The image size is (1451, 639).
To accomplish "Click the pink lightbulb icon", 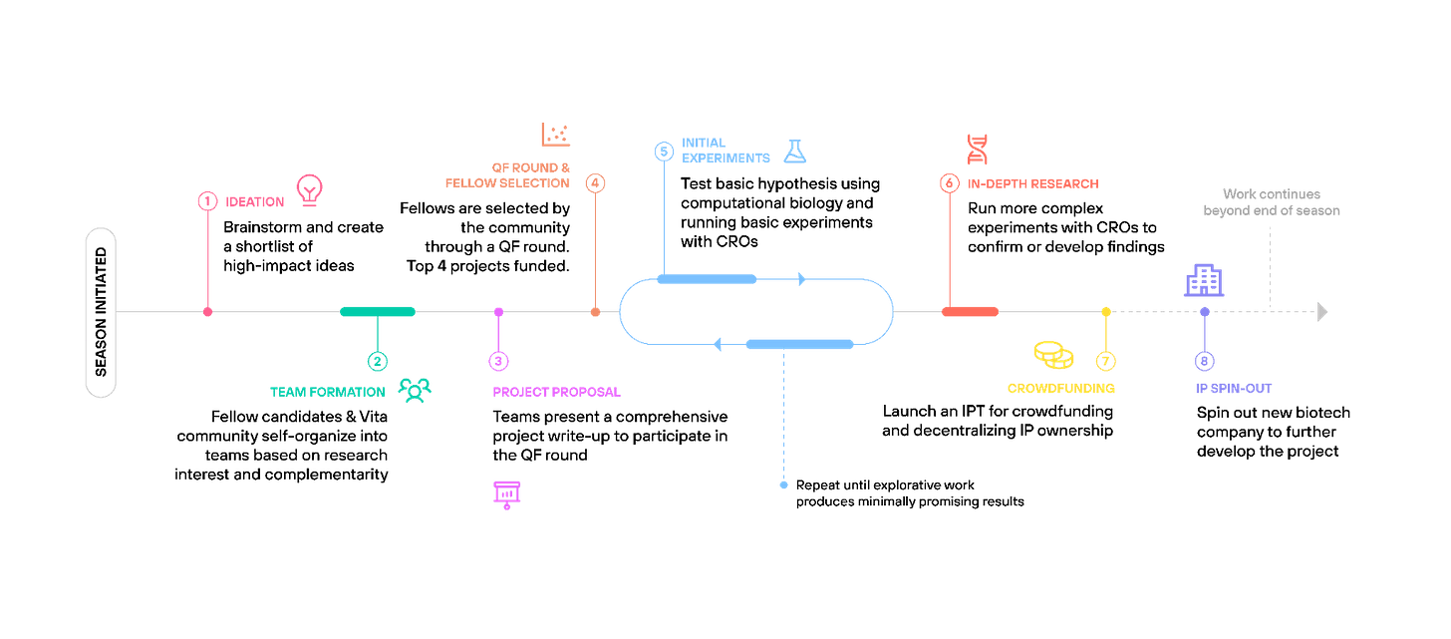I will tap(309, 189).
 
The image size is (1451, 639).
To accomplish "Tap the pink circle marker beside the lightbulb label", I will tap(207, 201).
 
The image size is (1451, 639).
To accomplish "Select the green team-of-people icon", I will tap(414, 391).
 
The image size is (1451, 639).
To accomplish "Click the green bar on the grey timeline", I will tap(377, 312).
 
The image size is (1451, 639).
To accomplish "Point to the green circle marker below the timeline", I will tap(378, 361).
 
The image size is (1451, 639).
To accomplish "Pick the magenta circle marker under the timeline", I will tap(498, 361).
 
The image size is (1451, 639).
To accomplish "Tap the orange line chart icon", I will tap(554, 134).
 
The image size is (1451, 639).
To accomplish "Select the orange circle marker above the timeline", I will tap(595, 182).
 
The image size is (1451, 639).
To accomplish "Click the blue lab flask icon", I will tap(794, 151).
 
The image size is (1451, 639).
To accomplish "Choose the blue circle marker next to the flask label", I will tap(665, 152).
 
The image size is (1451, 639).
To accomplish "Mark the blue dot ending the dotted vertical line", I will tap(783, 485).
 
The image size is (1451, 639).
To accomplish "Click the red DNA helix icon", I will tap(977, 150).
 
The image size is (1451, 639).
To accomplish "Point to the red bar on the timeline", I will tap(970, 312).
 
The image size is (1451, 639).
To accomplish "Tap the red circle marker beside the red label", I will tap(948, 182).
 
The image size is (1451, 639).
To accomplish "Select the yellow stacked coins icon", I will tap(1052, 354).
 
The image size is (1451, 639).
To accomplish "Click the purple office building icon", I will tap(1204, 280).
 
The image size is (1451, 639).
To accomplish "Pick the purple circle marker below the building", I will tap(1204, 361).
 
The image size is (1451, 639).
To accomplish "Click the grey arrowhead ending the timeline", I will tap(1322, 312).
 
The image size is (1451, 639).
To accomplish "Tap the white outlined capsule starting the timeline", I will tap(101, 313).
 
